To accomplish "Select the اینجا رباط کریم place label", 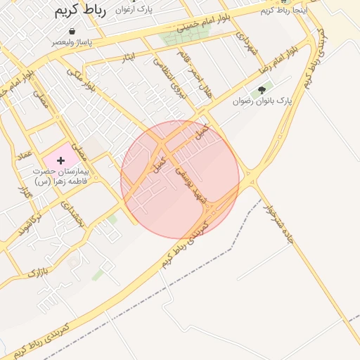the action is point(283,11).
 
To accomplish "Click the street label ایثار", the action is point(128,56).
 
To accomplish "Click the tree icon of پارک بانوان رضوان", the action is point(262,90).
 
